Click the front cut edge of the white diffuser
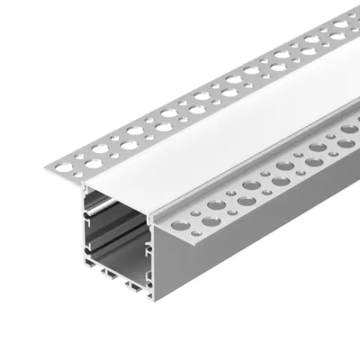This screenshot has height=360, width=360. (123, 184)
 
